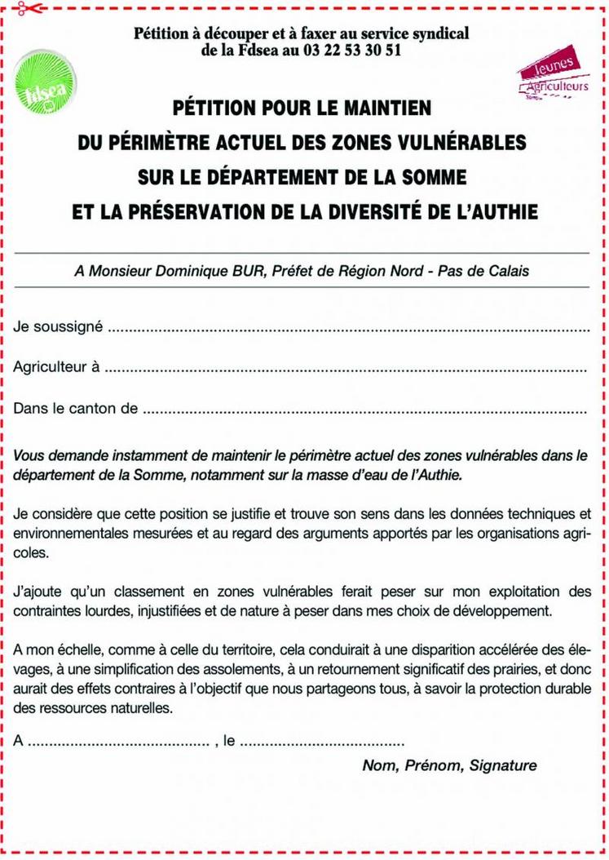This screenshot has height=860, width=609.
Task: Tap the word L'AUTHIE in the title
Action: (499, 212)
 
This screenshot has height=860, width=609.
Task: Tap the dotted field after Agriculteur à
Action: (346, 369)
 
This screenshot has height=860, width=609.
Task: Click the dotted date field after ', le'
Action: (323, 742)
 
